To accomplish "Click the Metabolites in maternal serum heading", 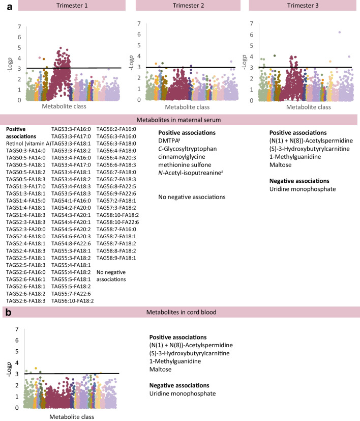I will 179,119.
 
